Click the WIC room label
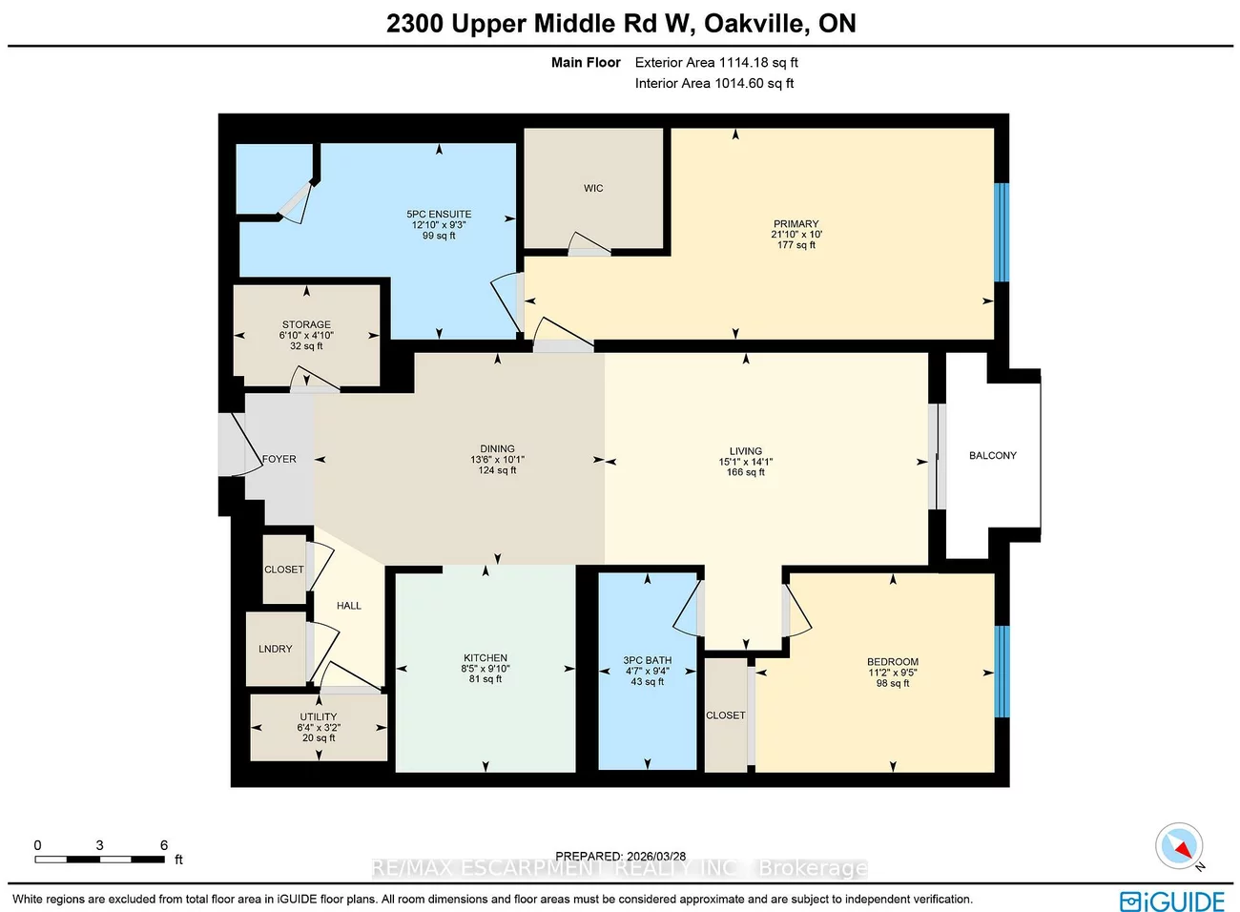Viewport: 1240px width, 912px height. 593,189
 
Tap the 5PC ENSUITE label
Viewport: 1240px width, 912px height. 439,215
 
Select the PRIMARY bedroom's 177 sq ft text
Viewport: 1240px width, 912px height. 796,245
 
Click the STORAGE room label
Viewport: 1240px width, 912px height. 306,324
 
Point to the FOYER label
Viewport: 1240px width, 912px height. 279,459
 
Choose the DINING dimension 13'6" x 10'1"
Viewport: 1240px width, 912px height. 497,460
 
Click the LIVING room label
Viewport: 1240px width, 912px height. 745,451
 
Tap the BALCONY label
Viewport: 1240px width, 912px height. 992,456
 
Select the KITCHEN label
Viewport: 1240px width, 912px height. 485,658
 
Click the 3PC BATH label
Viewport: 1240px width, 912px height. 647,660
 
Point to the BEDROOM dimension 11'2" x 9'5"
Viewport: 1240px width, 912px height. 892,673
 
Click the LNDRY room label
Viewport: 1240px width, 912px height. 275,649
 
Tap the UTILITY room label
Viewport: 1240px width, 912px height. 318,716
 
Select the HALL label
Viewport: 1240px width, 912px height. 348,606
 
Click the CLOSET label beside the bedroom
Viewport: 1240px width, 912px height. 725,715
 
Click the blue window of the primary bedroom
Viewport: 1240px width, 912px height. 1001,233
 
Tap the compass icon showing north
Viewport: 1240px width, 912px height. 1179,846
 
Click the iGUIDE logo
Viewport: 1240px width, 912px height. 1172,902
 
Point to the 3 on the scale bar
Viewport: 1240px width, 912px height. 99,845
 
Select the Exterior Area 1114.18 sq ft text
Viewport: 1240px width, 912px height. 716,63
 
